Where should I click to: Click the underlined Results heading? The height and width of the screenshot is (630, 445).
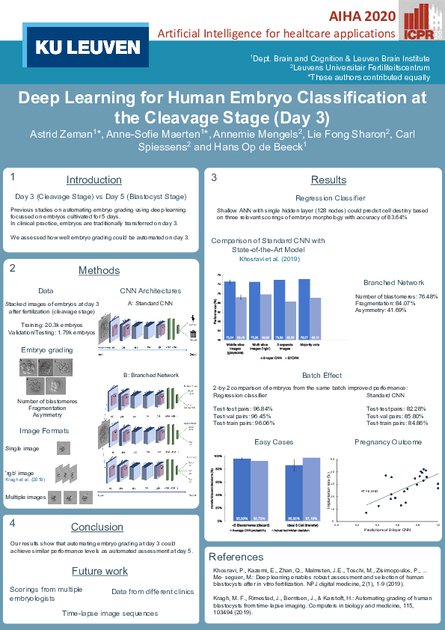[328, 180]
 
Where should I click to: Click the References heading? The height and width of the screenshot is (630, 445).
[238, 557]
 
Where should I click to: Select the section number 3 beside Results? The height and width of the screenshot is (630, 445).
[214, 178]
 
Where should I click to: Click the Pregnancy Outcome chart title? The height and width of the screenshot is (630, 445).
[388, 442]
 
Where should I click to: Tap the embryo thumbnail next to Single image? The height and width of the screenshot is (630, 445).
[64, 448]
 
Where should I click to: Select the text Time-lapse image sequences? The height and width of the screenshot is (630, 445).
[110, 613]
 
